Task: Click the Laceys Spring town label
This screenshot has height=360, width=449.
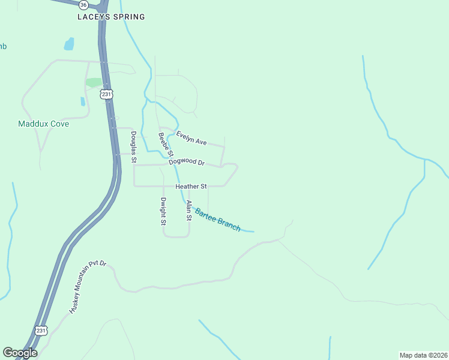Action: coord(111,17)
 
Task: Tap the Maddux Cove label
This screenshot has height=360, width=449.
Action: coord(43,124)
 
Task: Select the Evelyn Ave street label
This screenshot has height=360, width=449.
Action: coord(191,139)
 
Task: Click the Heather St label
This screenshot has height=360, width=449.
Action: coord(191,187)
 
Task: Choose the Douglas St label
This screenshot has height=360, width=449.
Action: coord(134,148)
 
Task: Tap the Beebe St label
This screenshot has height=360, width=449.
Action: coord(166,145)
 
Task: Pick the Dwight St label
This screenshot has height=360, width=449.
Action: coord(163,211)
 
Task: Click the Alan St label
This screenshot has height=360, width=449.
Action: coord(188,211)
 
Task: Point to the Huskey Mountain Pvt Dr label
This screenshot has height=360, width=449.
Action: coord(87,287)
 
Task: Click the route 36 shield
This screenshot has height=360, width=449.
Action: coord(83,4)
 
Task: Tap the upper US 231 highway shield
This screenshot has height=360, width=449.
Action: coord(107,94)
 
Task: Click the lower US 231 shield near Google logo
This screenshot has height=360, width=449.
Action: coord(40,331)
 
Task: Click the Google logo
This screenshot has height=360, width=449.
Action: coord(20,353)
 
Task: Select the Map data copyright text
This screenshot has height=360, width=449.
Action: coord(423,355)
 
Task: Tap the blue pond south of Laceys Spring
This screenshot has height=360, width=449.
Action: coord(69,44)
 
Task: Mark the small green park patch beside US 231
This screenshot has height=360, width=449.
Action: coord(94,82)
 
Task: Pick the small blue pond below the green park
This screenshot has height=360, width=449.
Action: coord(83,101)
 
